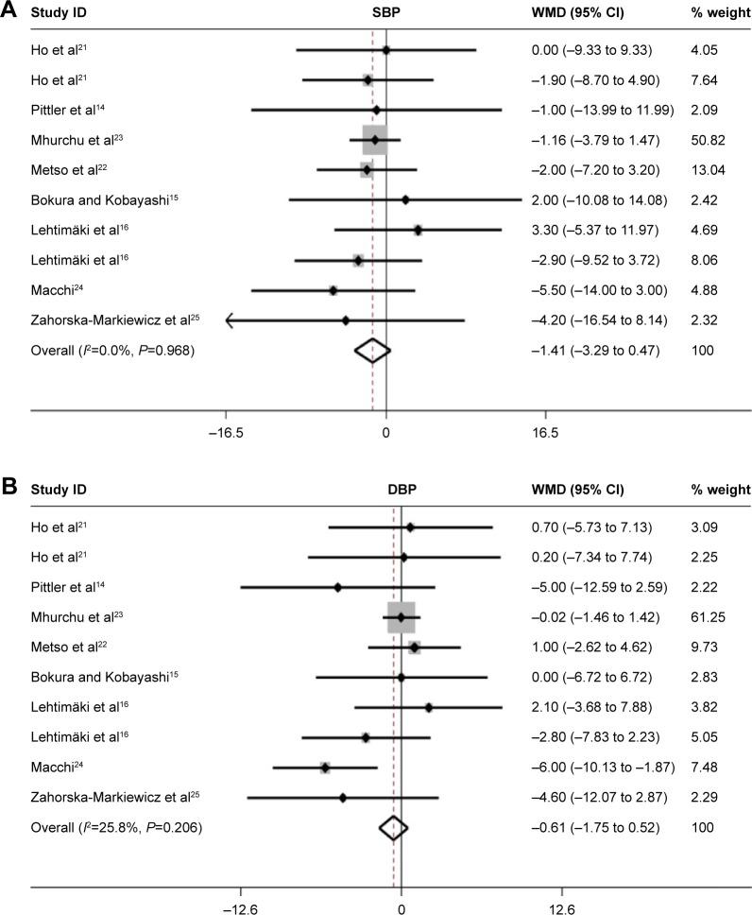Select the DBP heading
pyautogui.click(x=401, y=490)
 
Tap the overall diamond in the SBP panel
pyautogui.click(x=372, y=351)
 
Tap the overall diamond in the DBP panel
pyautogui.click(x=393, y=828)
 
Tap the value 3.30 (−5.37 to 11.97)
pyautogui.click(x=598, y=230)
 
